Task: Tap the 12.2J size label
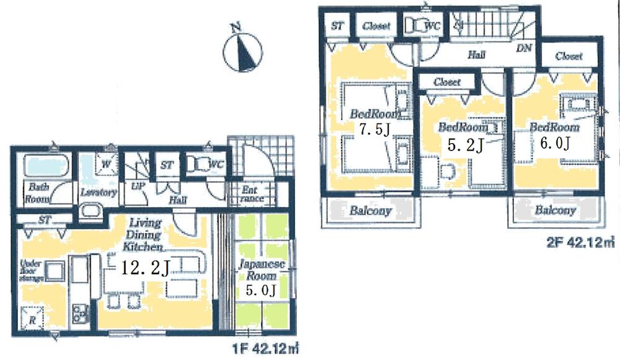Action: tap(146, 268)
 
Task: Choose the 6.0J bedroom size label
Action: tap(554, 143)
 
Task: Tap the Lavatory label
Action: tap(99, 193)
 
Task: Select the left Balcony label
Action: tap(370, 211)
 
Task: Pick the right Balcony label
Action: tap(555, 211)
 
